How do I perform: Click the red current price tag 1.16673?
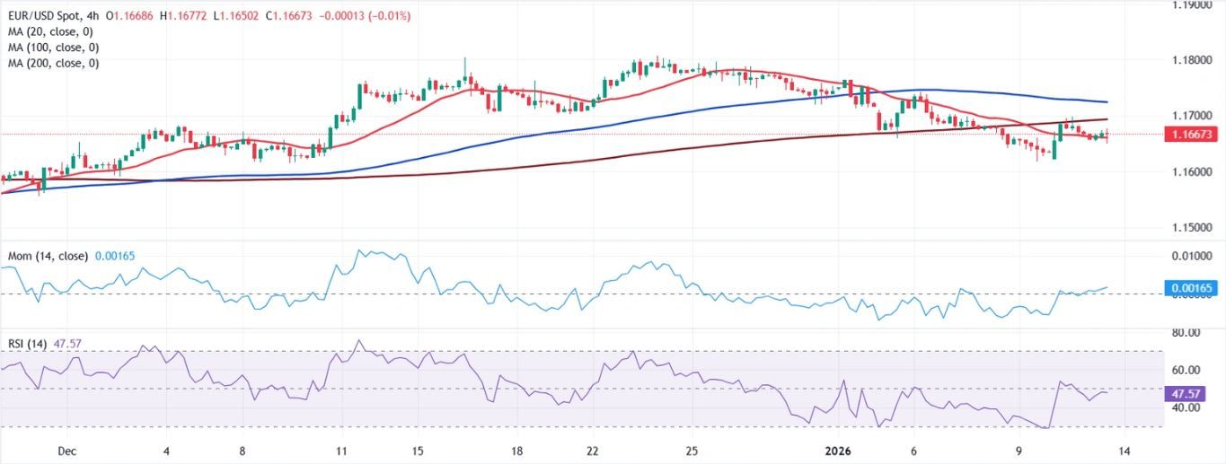[1194, 135]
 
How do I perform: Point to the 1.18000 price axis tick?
[1193, 60]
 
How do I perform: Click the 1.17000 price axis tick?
[1193, 116]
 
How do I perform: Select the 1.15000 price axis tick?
[1193, 227]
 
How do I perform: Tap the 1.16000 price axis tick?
[1193, 171]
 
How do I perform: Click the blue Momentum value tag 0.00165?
[1194, 288]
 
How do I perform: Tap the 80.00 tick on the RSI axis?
[1186, 333]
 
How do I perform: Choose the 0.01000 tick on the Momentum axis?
[1193, 256]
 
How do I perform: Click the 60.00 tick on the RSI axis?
[1186, 370]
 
